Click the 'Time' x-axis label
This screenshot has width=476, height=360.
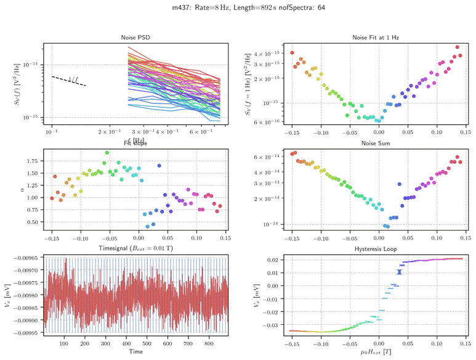[135, 352]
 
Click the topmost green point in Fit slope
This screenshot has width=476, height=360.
[107, 153]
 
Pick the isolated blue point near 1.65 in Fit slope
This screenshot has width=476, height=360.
[159, 166]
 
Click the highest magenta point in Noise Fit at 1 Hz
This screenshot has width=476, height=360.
[458, 47]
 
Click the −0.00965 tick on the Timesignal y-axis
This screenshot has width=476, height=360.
[26, 257]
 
